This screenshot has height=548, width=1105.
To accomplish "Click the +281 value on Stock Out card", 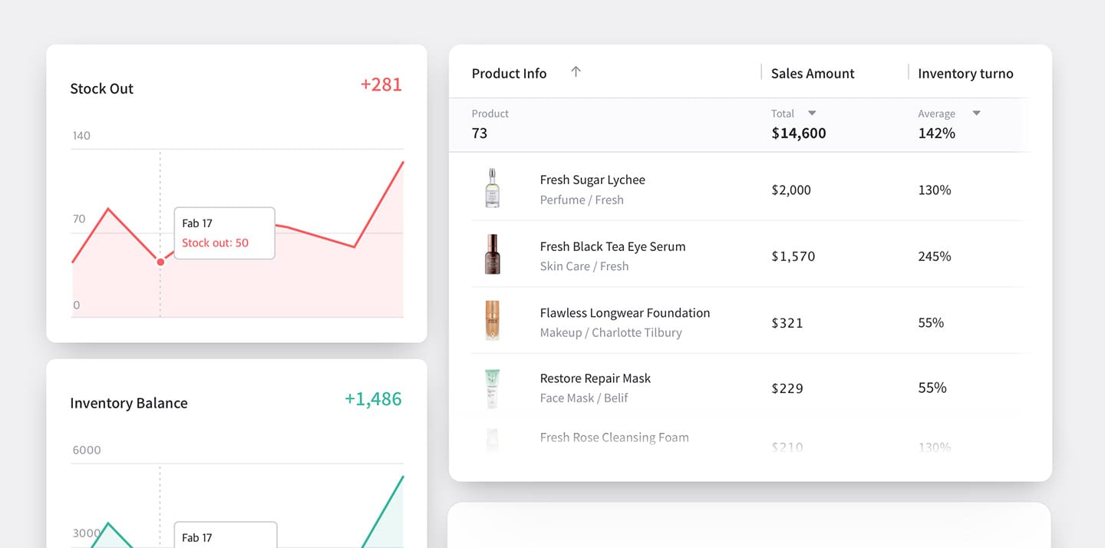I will pos(381,84).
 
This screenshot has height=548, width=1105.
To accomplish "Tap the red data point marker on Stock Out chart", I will pos(160,262).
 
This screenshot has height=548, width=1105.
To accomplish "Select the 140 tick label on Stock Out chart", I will pos(81,136).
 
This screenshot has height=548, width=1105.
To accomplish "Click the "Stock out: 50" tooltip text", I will pos(215,243).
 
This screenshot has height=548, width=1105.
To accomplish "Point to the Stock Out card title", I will pos(101,88).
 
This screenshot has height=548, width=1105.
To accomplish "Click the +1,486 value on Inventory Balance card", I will pos(373,399).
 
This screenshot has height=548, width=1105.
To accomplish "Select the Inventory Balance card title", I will pos(128,403).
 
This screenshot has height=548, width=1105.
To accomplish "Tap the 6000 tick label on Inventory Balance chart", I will pos(86,450).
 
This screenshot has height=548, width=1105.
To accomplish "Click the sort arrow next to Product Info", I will pos(576,71).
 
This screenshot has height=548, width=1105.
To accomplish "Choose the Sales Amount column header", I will pos(813,74).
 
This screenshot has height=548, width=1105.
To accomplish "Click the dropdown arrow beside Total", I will pos(812,114).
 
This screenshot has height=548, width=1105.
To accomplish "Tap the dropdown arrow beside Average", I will pos(976,114).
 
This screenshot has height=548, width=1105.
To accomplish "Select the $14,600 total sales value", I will pos(798,133).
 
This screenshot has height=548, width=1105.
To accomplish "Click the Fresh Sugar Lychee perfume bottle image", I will pos(492,189).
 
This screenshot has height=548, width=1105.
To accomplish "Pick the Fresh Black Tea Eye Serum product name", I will pos(612,246).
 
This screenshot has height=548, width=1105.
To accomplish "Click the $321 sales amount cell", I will pos(787,322).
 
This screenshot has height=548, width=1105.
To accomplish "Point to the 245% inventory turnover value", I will pos(934,256).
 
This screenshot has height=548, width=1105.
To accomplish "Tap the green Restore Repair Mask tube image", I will pos(492,388).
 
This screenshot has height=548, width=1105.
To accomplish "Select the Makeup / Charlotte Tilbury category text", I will pos(610,332).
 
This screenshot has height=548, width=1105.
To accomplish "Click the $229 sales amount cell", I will pos(787,388).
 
